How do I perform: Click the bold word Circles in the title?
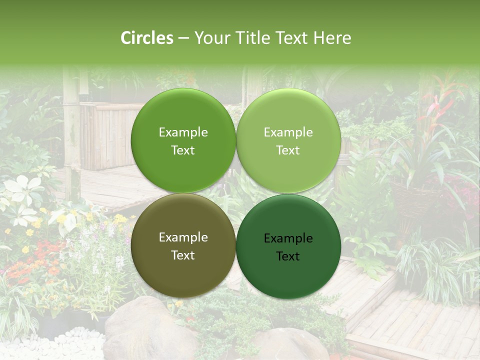[147, 38]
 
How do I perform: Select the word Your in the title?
[210, 38]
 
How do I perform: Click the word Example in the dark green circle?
[288, 238]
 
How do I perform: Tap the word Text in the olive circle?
[183, 255]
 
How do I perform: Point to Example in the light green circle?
[288, 132]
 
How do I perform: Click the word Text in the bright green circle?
[183, 150]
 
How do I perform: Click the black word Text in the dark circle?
[288, 256]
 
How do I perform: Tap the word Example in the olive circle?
[183, 237]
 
